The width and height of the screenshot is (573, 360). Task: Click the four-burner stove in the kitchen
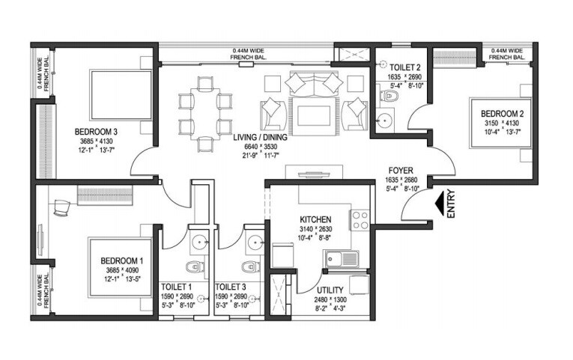[360, 220]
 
